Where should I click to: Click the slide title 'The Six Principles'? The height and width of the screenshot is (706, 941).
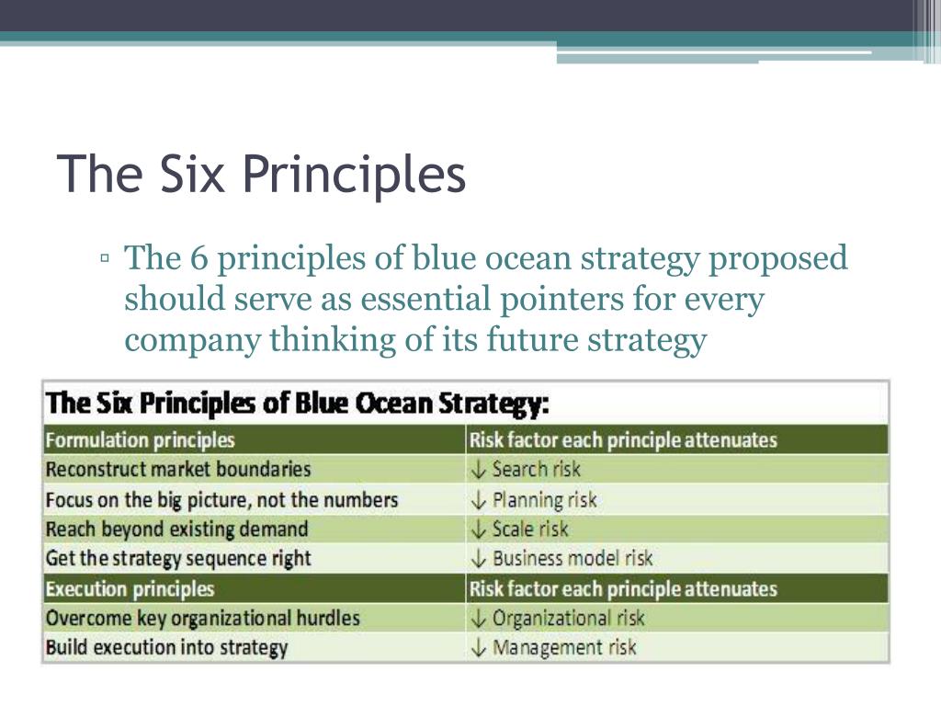[x=261, y=175]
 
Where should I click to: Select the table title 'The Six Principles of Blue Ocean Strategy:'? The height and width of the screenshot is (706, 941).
[x=298, y=404]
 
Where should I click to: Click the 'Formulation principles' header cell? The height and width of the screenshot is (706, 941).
[x=140, y=440]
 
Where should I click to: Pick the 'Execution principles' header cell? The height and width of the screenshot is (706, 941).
[x=130, y=588]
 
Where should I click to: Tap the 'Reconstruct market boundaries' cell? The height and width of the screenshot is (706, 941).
[x=178, y=469]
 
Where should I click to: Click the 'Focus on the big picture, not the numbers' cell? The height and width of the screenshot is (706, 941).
[x=221, y=500]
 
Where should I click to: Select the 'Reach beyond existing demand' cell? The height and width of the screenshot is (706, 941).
[x=176, y=529]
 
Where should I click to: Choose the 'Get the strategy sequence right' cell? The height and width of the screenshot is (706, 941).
[x=178, y=558]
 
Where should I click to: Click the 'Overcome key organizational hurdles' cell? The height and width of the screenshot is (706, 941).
[x=202, y=618]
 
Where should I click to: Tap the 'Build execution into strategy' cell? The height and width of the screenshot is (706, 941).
[x=166, y=647]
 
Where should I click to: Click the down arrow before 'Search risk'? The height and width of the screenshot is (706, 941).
[x=478, y=470]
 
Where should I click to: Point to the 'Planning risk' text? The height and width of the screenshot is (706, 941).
[x=544, y=500]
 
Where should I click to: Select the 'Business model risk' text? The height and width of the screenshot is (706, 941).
[x=573, y=558]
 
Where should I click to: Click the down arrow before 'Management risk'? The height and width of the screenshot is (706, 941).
[x=478, y=648]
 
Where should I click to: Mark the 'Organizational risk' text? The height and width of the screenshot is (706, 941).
[x=568, y=618]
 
